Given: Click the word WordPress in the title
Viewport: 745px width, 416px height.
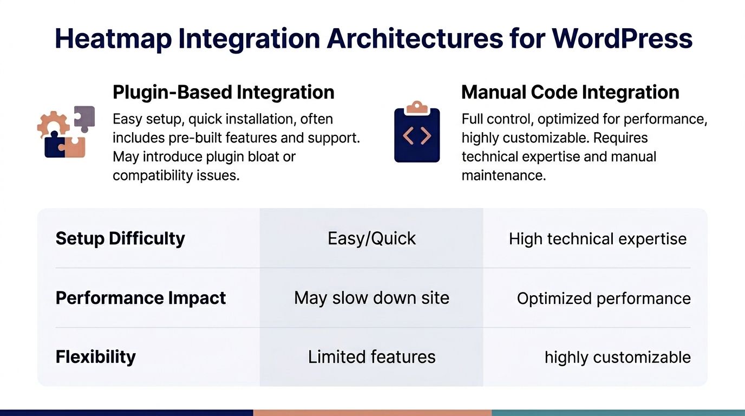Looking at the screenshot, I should [622, 38].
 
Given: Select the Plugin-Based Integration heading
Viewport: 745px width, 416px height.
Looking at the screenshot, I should [223, 92].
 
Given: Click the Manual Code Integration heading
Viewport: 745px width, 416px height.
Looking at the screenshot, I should [570, 92].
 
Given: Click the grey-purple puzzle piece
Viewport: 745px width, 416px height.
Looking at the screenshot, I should [85, 118].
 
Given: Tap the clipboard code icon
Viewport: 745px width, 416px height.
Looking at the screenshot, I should [417, 133].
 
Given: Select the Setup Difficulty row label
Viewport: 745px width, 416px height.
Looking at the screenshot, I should [120, 238].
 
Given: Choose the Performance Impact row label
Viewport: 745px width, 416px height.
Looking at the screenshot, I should [141, 298].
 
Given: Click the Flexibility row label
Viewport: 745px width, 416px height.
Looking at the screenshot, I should [96, 357].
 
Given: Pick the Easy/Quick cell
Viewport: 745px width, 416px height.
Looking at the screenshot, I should [371, 238].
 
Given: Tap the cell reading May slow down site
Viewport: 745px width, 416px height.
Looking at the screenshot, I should [371, 298].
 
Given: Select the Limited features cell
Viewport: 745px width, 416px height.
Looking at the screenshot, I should [371, 357].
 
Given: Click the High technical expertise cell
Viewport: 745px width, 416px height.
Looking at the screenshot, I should [597, 239].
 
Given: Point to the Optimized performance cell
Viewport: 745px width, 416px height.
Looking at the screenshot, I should [604, 298].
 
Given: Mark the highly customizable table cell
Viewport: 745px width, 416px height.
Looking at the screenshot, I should [617, 357].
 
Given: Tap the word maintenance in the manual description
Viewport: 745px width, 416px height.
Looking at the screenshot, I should [504, 175].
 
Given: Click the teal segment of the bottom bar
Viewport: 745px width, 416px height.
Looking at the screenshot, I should [618, 413].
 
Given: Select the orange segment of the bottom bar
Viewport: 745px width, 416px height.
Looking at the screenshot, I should [372, 413].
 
